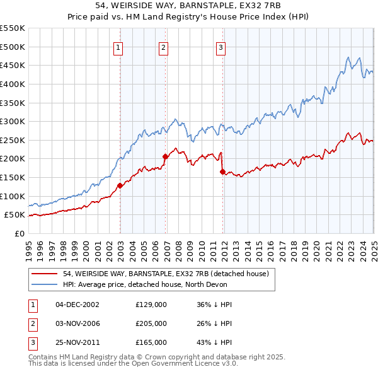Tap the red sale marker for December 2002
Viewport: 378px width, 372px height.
[x=120, y=185]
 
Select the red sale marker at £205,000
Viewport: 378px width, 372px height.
[x=165, y=156]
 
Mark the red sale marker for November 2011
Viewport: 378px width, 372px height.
[x=223, y=171]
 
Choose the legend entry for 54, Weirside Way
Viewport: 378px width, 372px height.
[x=166, y=274]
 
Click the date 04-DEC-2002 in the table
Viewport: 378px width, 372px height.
[x=77, y=305]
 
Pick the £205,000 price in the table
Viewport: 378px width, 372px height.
[x=151, y=323]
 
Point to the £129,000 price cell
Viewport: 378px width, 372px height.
[x=151, y=305]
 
